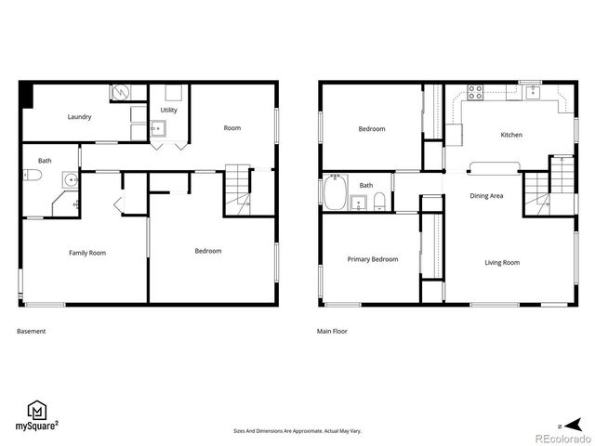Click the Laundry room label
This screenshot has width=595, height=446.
(x=79, y=117)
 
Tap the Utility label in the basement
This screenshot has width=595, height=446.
(x=168, y=111)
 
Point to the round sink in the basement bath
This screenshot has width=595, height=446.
(x=70, y=179)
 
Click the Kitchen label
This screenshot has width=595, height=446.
(x=511, y=135)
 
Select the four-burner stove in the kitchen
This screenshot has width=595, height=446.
(x=474, y=92)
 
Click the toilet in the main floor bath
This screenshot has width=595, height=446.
(x=379, y=202)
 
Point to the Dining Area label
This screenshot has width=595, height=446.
(x=486, y=196)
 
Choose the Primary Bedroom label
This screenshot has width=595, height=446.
(x=372, y=259)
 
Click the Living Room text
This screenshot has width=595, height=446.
(x=502, y=263)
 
